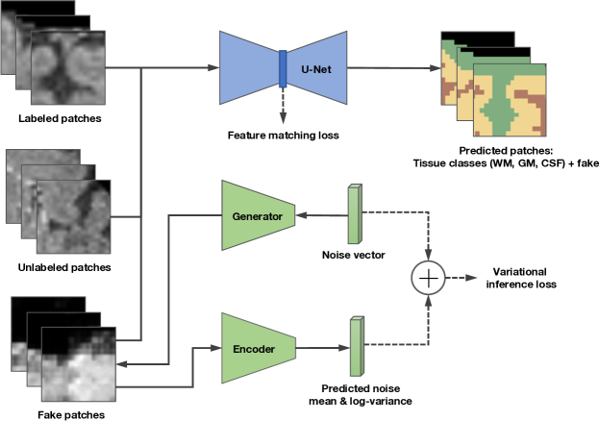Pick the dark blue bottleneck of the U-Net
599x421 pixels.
pyautogui.click(x=283, y=67)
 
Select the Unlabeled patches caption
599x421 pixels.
pyautogui.click(x=60, y=266)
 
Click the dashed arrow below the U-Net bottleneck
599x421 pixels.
pyautogui.click(x=283, y=109)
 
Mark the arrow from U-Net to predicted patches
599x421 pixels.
pyautogui.click(x=385, y=67)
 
